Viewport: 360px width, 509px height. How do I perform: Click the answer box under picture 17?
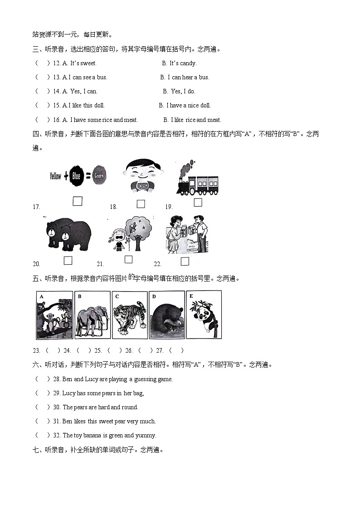coord(78,201)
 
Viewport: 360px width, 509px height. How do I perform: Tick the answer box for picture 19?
coord(198,202)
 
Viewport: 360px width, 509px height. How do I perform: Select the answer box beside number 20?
coord(68,260)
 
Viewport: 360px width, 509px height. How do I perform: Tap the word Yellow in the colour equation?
coord(55,176)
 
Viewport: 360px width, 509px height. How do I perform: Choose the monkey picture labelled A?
coord(54,315)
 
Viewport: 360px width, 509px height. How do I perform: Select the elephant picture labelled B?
coord(92,315)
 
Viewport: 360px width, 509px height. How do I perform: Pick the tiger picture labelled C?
coord(130,315)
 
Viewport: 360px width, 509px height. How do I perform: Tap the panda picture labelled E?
coord(204,315)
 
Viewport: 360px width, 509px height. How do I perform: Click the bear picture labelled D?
coord(167,315)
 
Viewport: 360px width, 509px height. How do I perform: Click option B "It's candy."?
coord(180,63)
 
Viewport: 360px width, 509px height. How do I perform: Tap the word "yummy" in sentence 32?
coord(146,436)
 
